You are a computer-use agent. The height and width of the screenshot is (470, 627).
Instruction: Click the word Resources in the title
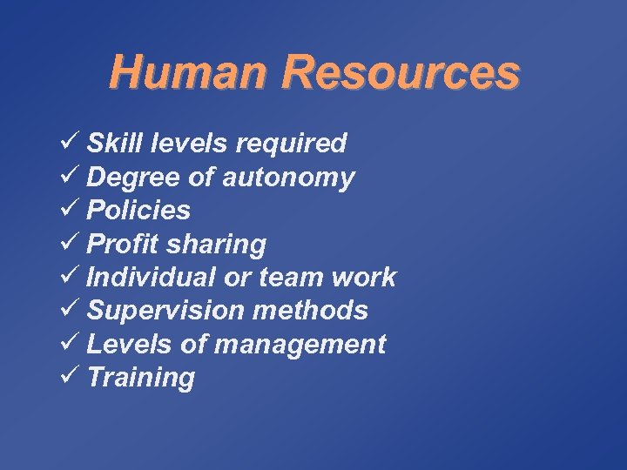401,72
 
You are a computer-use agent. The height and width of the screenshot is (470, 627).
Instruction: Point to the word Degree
132,178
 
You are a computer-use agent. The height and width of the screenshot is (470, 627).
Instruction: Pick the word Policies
139,210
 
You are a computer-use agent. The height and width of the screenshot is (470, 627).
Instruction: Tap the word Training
142,378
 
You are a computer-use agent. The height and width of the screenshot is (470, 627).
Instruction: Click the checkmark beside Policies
73,210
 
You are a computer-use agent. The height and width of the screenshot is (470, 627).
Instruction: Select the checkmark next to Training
73,377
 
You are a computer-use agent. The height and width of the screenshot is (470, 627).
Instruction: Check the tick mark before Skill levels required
73,142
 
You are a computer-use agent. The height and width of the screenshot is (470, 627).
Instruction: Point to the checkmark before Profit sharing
73,243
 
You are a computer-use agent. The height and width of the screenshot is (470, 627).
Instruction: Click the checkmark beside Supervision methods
73,310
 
